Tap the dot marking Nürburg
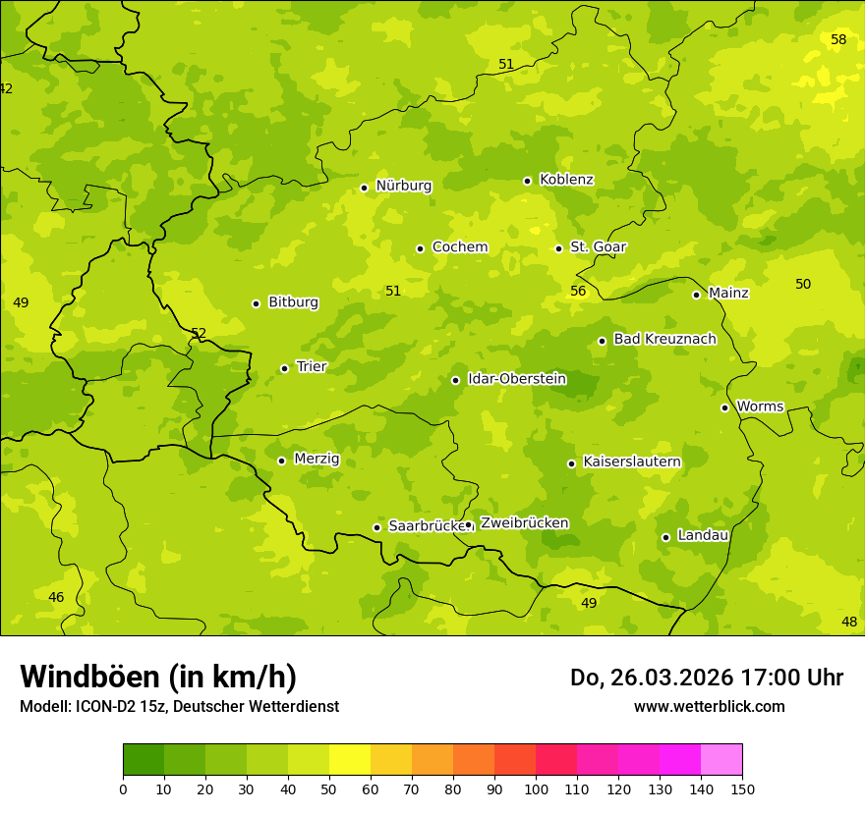[364, 188]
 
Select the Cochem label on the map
[459, 247]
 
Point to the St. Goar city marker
[558, 248]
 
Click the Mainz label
[728, 293]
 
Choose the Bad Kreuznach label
[664, 339]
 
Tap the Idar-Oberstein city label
[516, 378]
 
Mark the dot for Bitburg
[256, 303]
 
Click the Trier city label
[311, 366]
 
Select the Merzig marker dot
[281, 461]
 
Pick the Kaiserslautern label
[631, 462]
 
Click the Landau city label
[703, 535]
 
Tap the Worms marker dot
[724, 407]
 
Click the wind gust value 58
[838, 39]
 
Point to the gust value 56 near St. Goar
[578, 291]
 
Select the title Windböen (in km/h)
[158, 677]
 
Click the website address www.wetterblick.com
[709, 706]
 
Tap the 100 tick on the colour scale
[536, 788]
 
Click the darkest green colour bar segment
[144, 760]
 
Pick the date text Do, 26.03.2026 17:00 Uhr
[706, 678]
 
